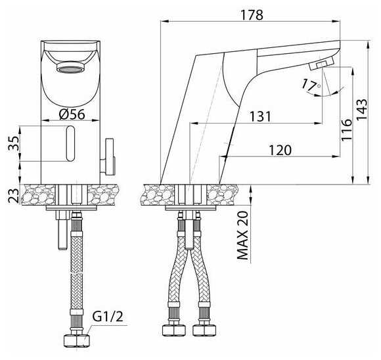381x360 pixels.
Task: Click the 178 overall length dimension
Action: [x=252, y=15]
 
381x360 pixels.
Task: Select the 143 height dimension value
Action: [x=361, y=109]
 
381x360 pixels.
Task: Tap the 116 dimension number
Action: [x=346, y=130]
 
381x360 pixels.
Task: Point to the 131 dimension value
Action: [x=260, y=116]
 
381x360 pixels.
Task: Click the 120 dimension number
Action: [x=280, y=150]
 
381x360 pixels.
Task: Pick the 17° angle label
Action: [x=311, y=85]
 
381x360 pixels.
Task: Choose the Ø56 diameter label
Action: [x=72, y=114]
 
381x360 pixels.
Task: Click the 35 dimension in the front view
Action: [x=14, y=144]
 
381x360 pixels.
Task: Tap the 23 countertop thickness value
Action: [x=14, y=196]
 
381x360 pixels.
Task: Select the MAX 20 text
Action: [x=242, y=235]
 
